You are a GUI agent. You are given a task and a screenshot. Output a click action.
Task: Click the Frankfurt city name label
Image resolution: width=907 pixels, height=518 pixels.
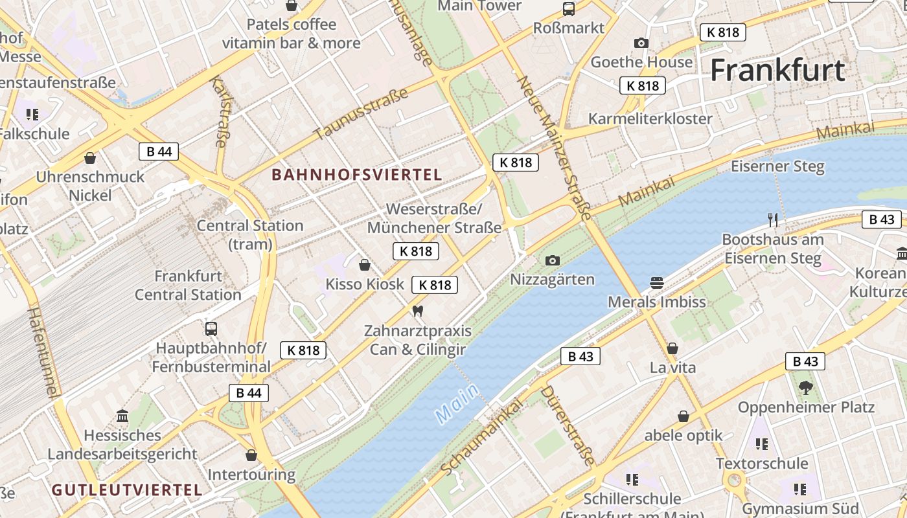[777, 70]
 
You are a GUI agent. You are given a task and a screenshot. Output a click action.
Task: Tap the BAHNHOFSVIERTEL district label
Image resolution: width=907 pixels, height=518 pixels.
[357, 174]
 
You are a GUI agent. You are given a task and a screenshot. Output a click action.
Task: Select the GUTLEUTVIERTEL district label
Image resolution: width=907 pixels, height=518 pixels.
[127, 490]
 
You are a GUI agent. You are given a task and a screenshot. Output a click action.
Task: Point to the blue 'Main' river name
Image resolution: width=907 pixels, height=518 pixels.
[457, 403]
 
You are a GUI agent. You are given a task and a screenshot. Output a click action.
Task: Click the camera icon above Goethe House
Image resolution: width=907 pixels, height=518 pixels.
[641, 43]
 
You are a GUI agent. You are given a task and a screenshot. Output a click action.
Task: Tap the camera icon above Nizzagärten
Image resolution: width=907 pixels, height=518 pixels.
[552, 260]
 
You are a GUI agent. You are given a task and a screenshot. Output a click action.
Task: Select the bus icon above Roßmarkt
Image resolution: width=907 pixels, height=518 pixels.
[568, 8]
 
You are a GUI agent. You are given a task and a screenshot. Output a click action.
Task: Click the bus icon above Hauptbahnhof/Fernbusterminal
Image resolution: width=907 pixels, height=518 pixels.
[211, 328]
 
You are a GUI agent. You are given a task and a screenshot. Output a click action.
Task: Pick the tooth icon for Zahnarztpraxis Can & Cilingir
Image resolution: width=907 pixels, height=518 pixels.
[417, 311]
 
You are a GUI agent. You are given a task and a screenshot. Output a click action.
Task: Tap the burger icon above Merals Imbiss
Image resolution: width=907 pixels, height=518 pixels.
[656, 282]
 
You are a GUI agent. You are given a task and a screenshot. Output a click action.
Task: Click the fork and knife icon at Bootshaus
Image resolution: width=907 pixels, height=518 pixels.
[772, 220]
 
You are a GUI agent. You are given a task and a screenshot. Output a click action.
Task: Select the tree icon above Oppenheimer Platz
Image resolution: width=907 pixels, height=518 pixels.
[806, 388]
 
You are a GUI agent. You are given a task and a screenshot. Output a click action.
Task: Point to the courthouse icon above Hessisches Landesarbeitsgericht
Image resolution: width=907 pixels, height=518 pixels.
[122, 416]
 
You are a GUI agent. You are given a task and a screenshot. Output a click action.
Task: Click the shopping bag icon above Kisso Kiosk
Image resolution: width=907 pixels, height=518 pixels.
[365, 264]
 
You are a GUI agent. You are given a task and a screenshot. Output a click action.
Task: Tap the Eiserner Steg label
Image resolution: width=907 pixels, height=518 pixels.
[777, 166]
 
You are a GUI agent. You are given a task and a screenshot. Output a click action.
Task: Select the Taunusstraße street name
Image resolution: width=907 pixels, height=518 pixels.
[361, 114]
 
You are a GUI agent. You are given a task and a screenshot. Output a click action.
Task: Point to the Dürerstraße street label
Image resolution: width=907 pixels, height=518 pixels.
[568, 425]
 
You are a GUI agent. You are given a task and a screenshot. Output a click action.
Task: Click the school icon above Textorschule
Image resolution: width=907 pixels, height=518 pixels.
[761, 444]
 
